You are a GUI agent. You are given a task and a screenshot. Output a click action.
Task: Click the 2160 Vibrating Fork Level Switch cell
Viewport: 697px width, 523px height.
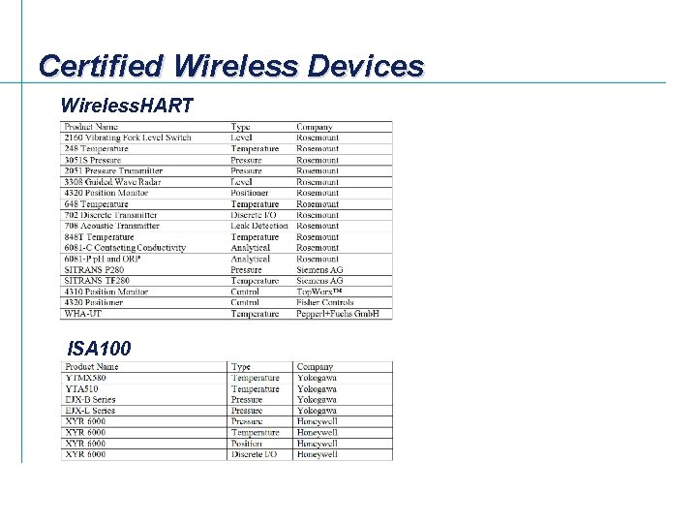coord(127,138)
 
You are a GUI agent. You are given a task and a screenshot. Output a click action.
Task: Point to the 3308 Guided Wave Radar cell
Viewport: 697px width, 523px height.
coord(111,182)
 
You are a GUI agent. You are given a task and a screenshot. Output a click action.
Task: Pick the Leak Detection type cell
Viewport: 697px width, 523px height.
coord(259,226)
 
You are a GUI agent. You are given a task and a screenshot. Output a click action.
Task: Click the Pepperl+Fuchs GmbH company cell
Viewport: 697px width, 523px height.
coord(337,314)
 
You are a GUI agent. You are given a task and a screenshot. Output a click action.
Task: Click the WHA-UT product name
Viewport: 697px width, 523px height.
coord(82,314)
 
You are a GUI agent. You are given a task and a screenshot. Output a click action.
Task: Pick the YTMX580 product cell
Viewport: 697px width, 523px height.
coord(89,378)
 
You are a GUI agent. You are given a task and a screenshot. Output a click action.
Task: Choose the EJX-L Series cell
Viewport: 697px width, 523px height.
coord(90,411)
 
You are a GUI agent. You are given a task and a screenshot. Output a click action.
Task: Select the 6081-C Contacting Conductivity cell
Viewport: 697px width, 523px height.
coord(125,248)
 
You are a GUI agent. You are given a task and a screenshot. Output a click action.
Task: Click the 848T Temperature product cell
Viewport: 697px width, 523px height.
coord(99,236)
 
